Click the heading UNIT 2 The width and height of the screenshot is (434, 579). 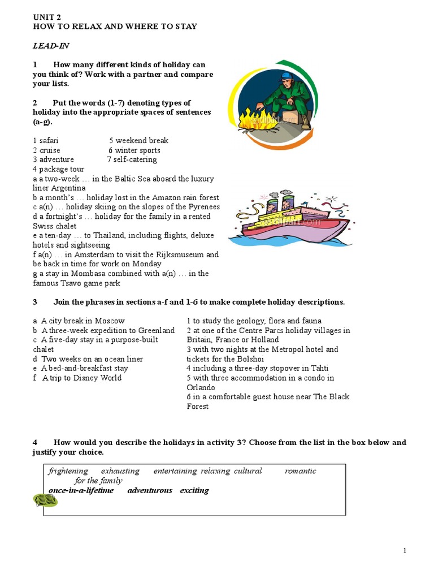pyautogui.click(x=46, y=18)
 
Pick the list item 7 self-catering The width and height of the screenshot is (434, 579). pyautogui.click(x=132, y=159)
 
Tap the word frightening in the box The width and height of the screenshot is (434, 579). pyautogui.click(x=68, y=471)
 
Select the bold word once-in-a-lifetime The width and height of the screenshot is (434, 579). pyautogui.click(x=81, y=490)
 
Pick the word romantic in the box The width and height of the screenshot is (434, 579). pyautogui.click(x=300, y=471)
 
